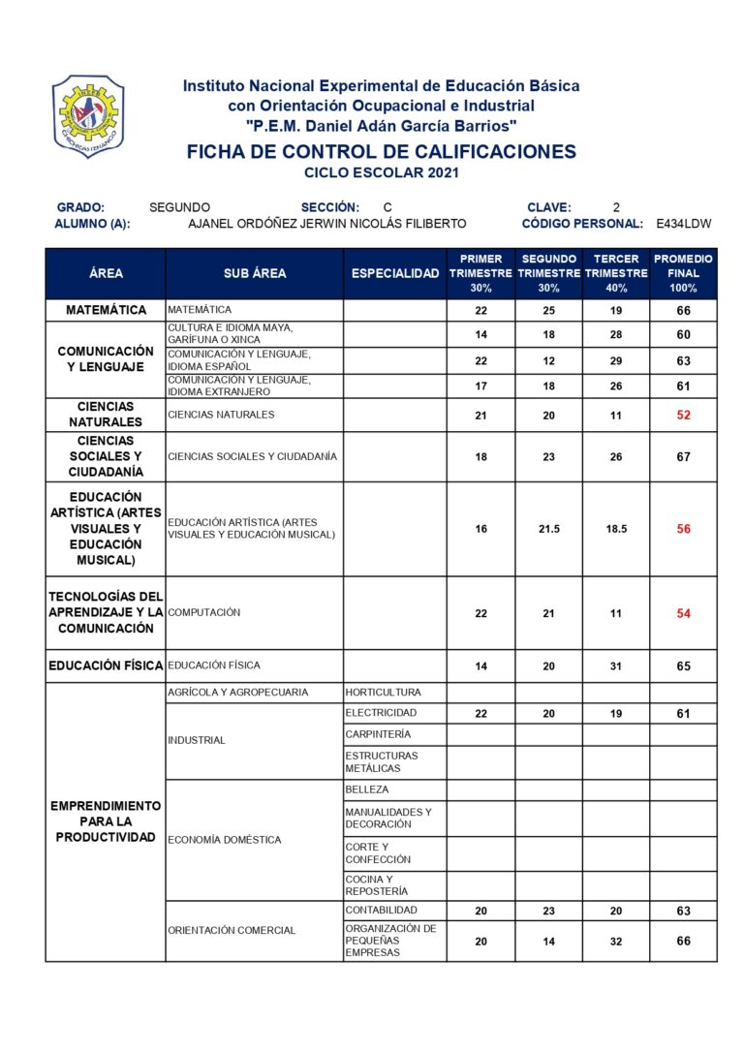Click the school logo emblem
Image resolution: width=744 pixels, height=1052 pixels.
(x=87, y=116)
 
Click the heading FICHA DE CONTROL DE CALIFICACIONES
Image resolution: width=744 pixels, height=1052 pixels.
(x=381, y=152)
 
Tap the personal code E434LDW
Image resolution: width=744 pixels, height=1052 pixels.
(x=683, y=224)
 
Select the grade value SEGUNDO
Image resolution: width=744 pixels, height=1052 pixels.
(x=179, y=207)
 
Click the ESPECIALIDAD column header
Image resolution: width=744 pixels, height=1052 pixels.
(x=395, y=274)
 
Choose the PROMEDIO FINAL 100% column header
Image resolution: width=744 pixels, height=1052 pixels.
(x=683, y=274)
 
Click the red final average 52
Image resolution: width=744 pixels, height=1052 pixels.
(x=684, y=415)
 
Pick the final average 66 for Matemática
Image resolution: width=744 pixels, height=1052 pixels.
(x=684, y=311)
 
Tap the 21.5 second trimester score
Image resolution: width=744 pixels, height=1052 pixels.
(x=548, y=529)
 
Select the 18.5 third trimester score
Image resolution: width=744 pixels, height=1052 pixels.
(x=616, y=529)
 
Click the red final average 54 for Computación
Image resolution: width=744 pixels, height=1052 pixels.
(x=684, y=613)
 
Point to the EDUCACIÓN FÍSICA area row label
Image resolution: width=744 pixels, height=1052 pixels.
(x=106, y=666)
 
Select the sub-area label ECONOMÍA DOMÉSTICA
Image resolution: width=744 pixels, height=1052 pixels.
(x=225, y=840)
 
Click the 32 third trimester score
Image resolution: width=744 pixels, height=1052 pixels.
(x=616, y=942)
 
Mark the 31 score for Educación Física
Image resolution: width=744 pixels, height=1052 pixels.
(x=616, y=666)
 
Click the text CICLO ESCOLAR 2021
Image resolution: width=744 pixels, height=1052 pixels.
(x=381, y=173)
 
